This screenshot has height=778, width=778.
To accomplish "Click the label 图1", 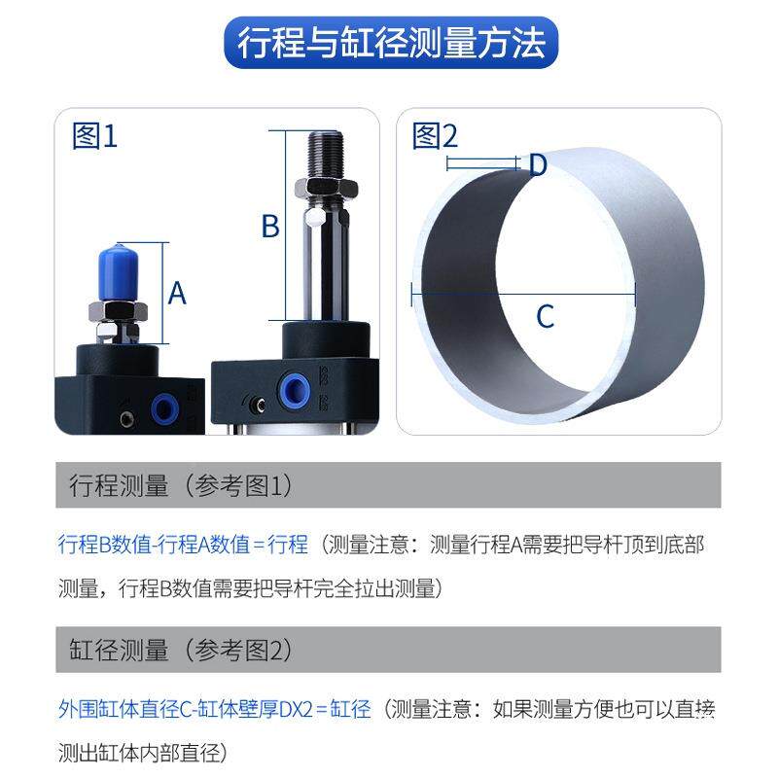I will (x=94, y=136).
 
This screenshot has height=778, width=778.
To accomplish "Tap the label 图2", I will (x=435, y=136).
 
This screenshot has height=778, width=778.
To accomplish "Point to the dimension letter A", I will (x=176, y=292).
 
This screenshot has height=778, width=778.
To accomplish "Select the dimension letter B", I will (x=270, y=227).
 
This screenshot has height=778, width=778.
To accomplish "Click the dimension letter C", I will (x=546, y=316).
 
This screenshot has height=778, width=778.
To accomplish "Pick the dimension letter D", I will (x=537, y=165).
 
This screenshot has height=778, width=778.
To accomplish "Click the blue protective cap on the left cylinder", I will (x=118, y=272).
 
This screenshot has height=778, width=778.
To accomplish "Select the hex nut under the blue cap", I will (x=117, y=312).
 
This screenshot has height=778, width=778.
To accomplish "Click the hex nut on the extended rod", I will (x=323, y=187).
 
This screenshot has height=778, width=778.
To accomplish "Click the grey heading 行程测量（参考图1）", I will (x=181, y=485).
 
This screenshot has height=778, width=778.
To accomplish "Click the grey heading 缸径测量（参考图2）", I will (x=181, y=650).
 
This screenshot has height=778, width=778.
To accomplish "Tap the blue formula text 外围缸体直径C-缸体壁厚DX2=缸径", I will (x=215, y=708).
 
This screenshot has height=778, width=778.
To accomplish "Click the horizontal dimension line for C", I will (x=524, y=288).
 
